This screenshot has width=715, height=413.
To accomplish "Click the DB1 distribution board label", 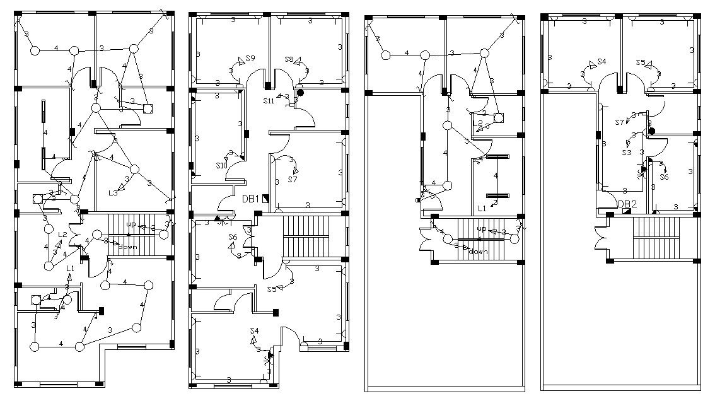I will pyautogui.click(x=250, y=199).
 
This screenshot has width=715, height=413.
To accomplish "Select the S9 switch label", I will pyautogui.click(x=250, y=59).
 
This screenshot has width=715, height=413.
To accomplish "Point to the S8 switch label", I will pyautogui.click(x=289, y=59).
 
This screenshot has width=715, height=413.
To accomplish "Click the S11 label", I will pyautogui.click(x=269, y=100).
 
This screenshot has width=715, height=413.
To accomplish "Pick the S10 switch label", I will pyautogui.click(x=221, y=166).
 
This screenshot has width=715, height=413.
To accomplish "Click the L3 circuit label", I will pyautogui.click(x=113, y=192).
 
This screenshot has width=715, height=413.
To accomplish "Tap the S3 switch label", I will pyautogui.click(x=627, y=153).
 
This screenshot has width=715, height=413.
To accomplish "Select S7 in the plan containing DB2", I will pyautogui.click(x=619, y=122).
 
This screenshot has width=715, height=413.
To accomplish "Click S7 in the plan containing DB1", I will pyautogui.click(x=293, y=180).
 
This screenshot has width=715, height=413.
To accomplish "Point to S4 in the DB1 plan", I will pyautogui.click(x=254, y=330).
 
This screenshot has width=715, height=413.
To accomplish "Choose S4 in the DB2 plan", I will pyautogui.click(x=601, y=62).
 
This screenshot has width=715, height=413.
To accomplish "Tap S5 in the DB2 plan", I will pyautogui.click(x=641, y=62).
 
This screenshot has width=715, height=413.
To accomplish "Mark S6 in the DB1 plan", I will pyautogui.click(x=233, y=237).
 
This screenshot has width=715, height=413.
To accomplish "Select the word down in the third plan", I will pyautogui.click(x=478, y=252).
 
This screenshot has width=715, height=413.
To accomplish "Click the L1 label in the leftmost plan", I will pyautogui.click(x=70, y=268).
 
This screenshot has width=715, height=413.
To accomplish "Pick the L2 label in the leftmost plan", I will pyautogui.click(x=63, y=235).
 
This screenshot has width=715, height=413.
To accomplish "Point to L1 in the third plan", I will pyautogui.click(x=482, y=207).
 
